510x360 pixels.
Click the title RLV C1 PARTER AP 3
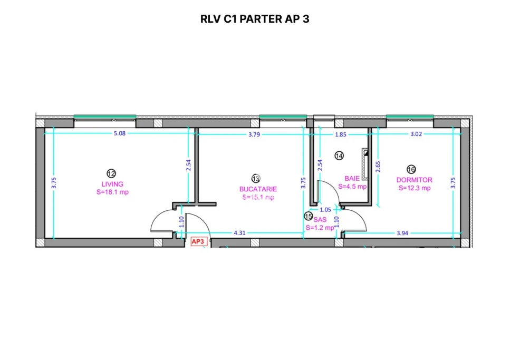[x=254, y=19]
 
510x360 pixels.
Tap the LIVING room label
[x=112, y=184]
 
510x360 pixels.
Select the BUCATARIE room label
[x=258, y=189]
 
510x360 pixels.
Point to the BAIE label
[x=352, y=178]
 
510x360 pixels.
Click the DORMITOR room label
[x=414, y=180]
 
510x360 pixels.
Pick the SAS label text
[x=320, y=219]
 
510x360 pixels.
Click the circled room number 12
[x=111, y=173]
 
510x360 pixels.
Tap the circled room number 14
[x=339, y=155]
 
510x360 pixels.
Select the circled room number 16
[x=411, y=169]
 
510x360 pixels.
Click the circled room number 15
[x=308, y=216]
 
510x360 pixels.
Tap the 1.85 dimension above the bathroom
[x=341, y=134]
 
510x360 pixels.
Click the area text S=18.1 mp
[x=112, y=192]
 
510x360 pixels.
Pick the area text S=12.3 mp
[x=414, y=188]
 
